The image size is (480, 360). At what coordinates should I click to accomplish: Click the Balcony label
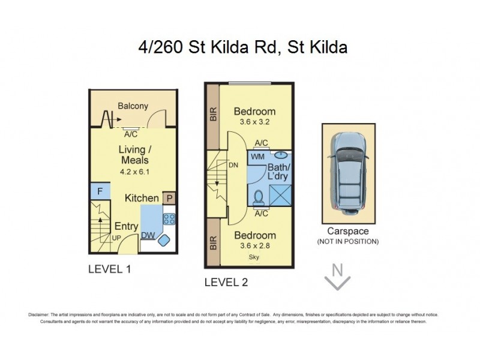(133, 106)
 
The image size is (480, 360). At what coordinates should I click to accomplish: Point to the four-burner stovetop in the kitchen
(169, 219)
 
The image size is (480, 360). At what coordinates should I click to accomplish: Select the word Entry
(126, 227)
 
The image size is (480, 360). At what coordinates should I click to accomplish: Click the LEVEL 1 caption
(109, 269)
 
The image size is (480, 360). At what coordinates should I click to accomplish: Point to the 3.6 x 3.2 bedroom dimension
(254, 122)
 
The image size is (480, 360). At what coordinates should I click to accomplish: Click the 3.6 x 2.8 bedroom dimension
(254, 246)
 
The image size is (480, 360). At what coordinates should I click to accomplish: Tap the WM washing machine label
(258, 157)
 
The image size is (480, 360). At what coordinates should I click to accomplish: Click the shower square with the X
(280, 196)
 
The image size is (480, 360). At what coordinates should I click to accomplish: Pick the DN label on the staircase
(233, 165)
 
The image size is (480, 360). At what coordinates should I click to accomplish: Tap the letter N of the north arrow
(338, 269)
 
